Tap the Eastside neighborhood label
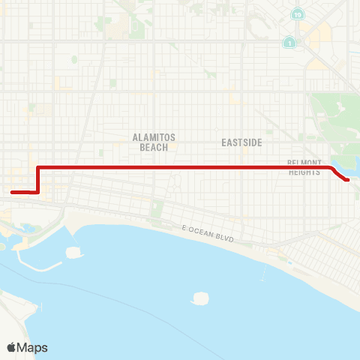(240, 141)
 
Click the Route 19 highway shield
(298, 15)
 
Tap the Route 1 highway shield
(289, 43)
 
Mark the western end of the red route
(12, 192)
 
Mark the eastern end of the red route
(347, 180)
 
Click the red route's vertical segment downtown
(37, 179)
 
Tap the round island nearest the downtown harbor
(73, 251)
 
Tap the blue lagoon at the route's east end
(342, 168)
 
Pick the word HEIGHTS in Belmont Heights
(304, 172)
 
